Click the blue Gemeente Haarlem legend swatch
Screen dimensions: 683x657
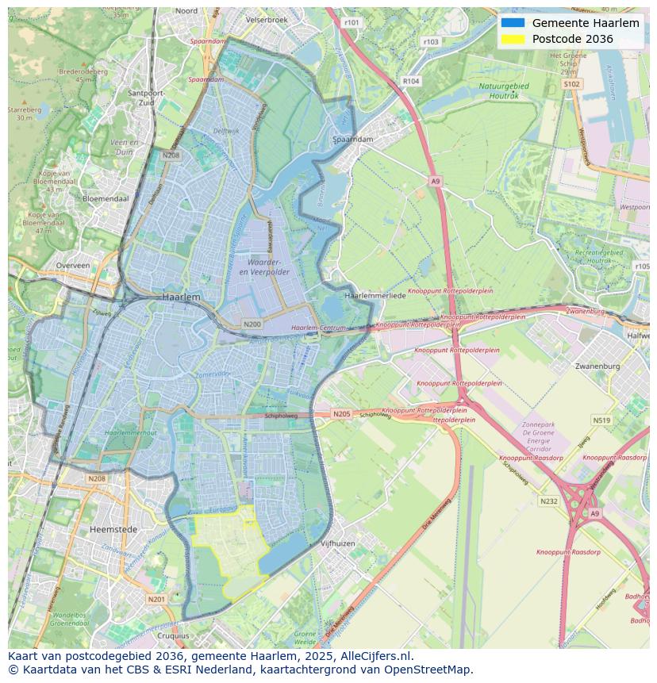tap(513, 23)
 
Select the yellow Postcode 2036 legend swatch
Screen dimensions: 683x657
tap(513, 39)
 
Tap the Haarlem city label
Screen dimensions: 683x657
tap(181, 296)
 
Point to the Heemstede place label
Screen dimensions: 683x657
tap(113, 529)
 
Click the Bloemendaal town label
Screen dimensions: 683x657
tap(106, 198)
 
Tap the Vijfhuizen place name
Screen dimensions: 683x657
tap(337, 543)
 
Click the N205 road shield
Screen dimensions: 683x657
tap(341, 414)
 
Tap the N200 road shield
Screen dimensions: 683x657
tap(252, 324)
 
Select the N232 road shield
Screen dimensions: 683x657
tap(548, 501)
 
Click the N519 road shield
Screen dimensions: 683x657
tap(601, 420)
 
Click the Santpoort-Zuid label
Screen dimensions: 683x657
tap(146, 98)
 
